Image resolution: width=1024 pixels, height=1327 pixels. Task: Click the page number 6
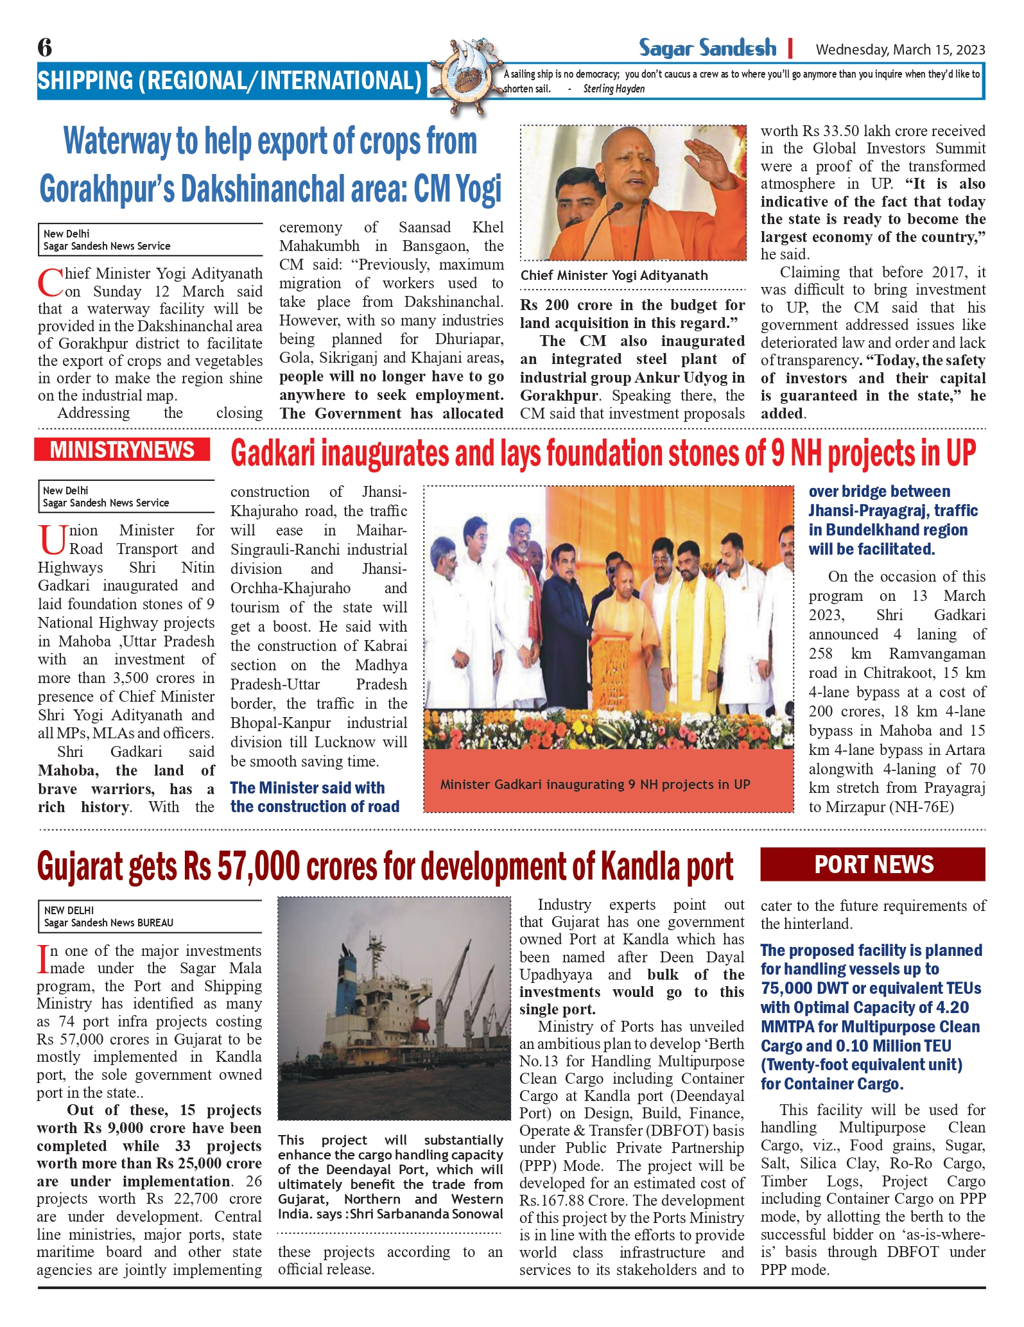[45, 48]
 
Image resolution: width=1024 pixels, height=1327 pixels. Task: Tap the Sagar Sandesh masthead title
[707, 48]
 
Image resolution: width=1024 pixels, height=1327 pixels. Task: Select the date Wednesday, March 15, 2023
[900, 49]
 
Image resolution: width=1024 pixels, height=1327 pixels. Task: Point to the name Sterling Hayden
[614, 89]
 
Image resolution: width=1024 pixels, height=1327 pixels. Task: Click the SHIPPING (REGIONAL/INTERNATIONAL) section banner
[229, 81]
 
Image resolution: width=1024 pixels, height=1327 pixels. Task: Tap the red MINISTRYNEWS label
[122, 450]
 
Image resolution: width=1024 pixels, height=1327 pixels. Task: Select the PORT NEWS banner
[872, 865]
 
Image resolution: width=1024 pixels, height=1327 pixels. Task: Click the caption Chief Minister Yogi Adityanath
[614, 275]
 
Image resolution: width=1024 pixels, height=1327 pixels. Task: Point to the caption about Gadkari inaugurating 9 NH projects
[595, 785]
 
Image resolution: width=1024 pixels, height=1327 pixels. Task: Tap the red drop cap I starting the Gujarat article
[42, 958]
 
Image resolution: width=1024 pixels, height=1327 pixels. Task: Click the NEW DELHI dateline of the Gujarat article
[69, 910]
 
